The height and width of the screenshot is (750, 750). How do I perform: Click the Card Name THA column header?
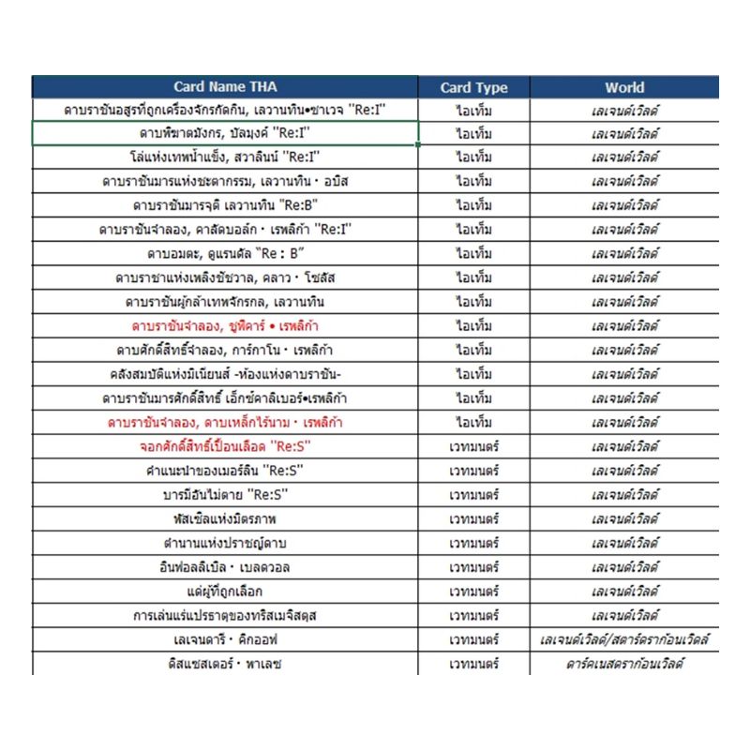225,87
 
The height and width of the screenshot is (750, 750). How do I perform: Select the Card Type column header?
473,87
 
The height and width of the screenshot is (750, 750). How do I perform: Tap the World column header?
624,87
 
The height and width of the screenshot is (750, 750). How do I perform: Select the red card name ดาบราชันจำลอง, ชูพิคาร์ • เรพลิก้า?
225,325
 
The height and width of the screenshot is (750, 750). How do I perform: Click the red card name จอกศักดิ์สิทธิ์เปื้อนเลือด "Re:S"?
225,445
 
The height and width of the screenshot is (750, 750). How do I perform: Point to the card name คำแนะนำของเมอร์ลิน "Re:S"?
225,470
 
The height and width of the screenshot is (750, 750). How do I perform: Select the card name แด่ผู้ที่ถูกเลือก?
225,591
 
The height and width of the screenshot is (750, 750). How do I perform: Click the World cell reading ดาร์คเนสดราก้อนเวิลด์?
624,664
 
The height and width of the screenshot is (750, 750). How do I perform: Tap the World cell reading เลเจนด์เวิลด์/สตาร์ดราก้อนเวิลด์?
624,639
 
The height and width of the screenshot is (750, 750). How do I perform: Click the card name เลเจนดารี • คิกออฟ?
225,639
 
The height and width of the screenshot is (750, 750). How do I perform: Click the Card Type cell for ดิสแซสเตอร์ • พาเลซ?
473,664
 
